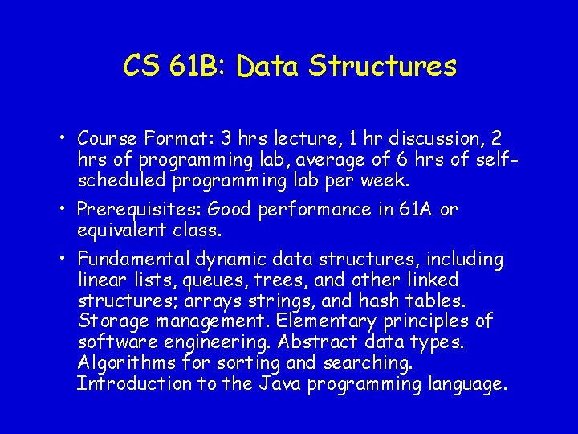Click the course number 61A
[414, 210]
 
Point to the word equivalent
[122, 231]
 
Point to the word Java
[284, 384]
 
